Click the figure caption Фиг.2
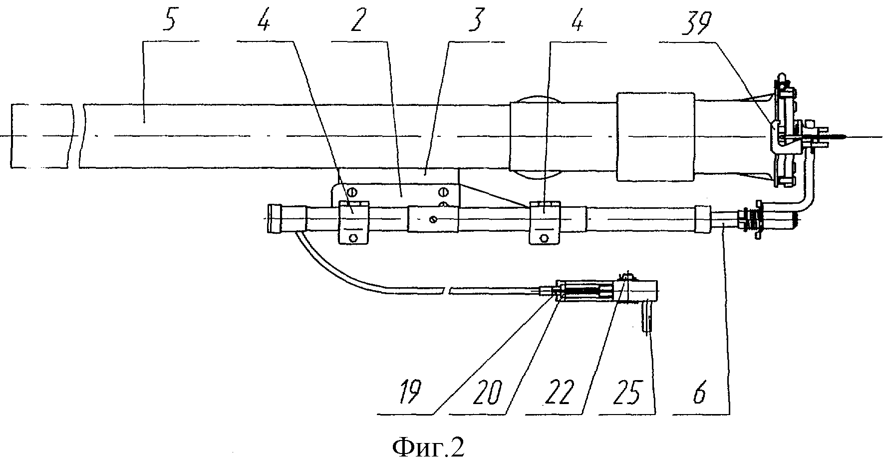[428, 447]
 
